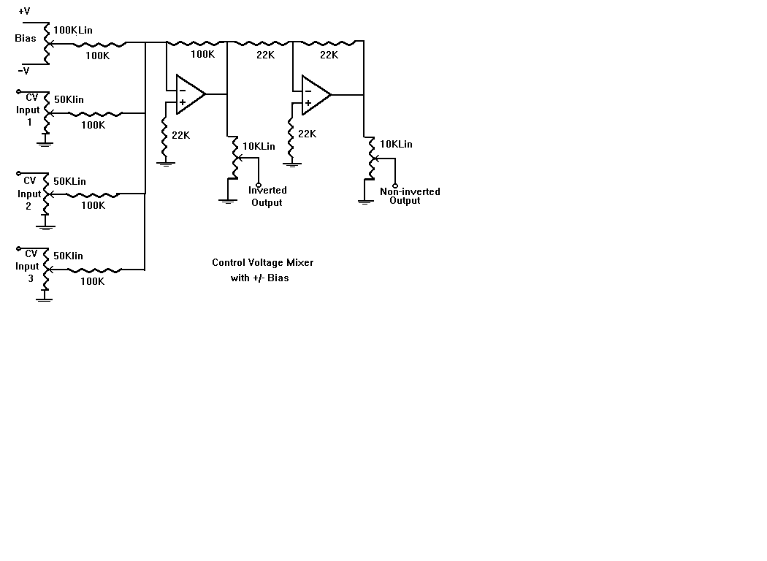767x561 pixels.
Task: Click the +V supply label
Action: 24,11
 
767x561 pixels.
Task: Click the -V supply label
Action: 24,70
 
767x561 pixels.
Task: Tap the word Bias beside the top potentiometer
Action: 26,38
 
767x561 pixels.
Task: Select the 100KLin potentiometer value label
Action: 73,30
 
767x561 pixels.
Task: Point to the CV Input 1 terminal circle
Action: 18,93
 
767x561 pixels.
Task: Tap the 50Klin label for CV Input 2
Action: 69,181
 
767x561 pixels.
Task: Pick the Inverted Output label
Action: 267,196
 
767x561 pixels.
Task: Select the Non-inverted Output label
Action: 409,196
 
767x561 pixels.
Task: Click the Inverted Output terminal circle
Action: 259,183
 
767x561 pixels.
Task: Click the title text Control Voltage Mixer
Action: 262,262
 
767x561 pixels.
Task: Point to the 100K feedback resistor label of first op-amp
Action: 202,54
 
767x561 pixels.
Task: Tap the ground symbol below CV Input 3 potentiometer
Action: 45,298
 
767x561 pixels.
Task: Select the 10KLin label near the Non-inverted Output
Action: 395,144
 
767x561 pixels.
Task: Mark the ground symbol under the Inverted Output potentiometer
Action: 229,199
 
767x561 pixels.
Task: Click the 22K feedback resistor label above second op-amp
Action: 329,54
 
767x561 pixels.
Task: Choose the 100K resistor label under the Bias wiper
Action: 98,55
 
